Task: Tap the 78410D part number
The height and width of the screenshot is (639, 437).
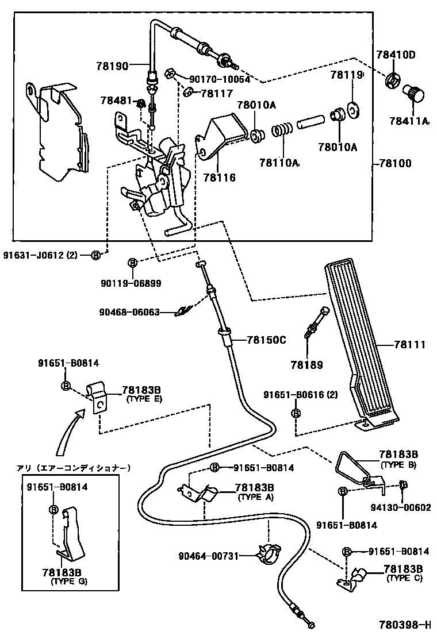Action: coord(396,55)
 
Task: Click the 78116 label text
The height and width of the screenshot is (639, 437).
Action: coord(218,179)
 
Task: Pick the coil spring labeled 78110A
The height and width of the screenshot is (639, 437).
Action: coord(281,131)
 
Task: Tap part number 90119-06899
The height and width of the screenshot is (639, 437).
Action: coord(131,283)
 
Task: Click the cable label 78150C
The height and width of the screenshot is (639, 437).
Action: coord(266,340)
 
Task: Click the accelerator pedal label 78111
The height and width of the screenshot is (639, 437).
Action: coord(409,345)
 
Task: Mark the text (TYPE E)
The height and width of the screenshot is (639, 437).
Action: coord(144,398)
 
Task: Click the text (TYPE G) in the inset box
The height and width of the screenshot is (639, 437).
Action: coord(70,582)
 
